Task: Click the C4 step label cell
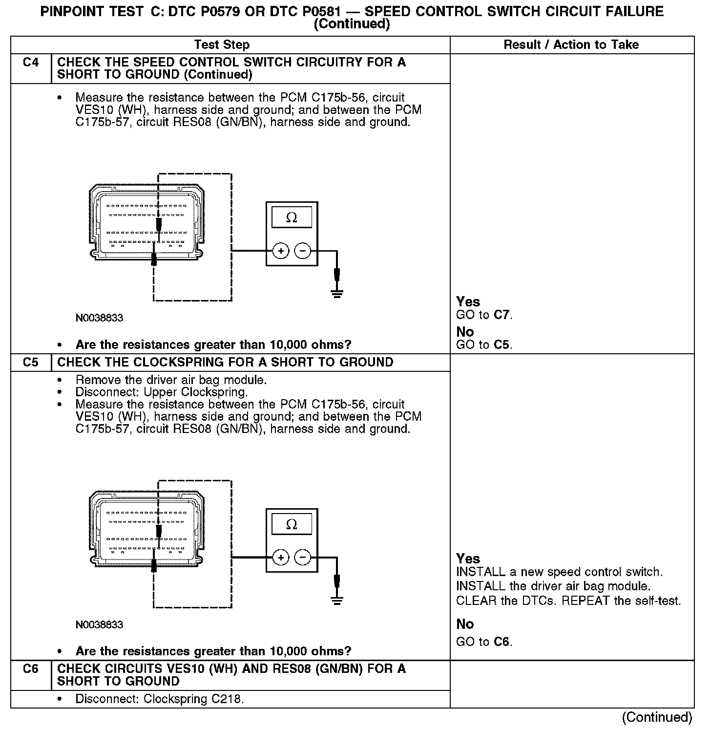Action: pos(31,63)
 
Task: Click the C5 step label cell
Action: pos(31,363)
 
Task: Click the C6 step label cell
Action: pos(31,669)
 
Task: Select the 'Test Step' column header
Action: pos(222,45)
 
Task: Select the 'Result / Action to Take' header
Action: pos(571,45)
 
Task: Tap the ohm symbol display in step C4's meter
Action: pos(292,218)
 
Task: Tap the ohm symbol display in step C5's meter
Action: pos(292,525)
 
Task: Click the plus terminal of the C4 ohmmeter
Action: pos(281,251)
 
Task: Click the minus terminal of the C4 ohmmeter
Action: pos(303,251)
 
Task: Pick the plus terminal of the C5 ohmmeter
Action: pos(281,558)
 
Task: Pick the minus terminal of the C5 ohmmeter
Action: pos(303,558)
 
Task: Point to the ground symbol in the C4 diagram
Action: pos(336,294)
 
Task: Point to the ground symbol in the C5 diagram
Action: pos(336,601)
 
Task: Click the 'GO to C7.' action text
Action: pos(484,315)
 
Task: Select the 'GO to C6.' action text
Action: pos(484,642)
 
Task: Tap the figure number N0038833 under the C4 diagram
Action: pos(99,318)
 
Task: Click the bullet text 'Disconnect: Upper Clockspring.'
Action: pos(162,392)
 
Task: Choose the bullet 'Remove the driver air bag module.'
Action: pos(171,380)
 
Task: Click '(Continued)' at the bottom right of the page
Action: pos(657,717)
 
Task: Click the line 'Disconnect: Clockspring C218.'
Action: pos(159,699)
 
